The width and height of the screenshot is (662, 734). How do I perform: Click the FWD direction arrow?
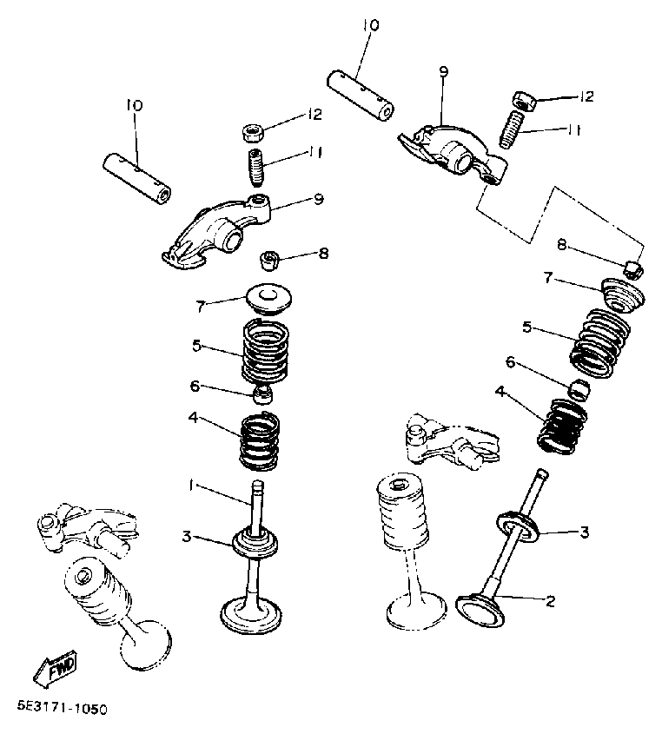point(55,669)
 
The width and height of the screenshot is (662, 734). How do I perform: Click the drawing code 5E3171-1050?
point(61,710)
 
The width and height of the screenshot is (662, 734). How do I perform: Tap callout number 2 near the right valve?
point(549,599)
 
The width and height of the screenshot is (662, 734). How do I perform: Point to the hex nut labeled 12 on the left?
point(254,133)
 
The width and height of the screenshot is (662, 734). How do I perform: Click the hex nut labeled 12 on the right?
point(525,97)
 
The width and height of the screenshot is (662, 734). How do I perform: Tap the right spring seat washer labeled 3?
point(519,525)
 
